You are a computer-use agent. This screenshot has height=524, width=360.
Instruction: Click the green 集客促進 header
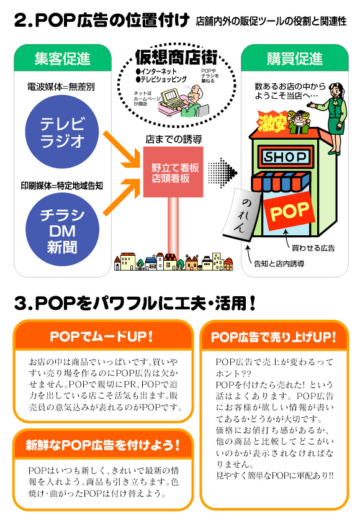click(x=63, y=58)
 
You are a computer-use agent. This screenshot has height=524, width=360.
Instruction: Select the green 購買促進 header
click(x=295, y=58)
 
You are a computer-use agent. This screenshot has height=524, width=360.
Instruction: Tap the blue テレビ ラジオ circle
click(x=62, y=132)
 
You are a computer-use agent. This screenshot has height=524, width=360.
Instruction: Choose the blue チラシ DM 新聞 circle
click(x=62, y=230)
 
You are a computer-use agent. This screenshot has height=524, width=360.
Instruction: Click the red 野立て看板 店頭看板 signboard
click(x=173, y=172)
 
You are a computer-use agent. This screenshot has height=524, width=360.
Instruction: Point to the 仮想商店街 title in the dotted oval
click(x=176, y=58)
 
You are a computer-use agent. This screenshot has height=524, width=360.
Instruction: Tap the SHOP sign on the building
click(x=285, y=156)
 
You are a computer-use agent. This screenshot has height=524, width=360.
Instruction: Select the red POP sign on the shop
click(x=289, y=211)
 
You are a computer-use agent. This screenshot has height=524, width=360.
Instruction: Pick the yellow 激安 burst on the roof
click(x=272, y=122)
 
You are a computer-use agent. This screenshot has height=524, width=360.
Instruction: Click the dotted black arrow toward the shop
click(x=222, y=173)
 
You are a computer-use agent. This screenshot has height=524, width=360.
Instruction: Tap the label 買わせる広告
click(x=313, y=248)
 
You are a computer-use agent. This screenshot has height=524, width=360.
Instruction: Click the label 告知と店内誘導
click(x=279, y=264)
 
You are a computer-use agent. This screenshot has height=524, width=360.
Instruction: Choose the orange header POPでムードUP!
click(x=101, y=337)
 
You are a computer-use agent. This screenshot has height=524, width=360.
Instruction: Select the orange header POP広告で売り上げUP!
click(x=274, y=337)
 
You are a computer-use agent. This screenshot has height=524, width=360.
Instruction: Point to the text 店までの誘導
click(x=173, y=139)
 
